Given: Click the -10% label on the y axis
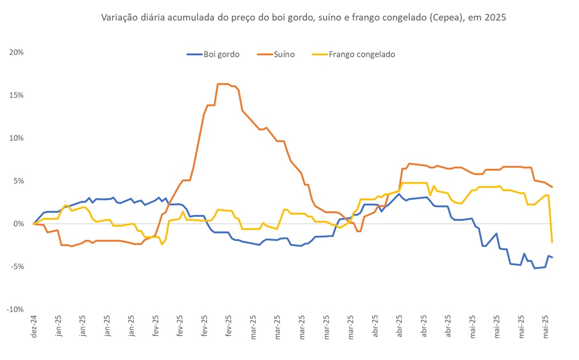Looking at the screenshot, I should (15, 310).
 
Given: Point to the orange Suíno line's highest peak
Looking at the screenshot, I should (223, 84).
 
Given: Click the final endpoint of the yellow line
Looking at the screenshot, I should (552, 242).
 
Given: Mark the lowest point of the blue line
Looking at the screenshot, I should (535, 268).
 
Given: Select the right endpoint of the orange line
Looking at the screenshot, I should (552, 187).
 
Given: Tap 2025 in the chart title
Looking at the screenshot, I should (495, 18).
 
